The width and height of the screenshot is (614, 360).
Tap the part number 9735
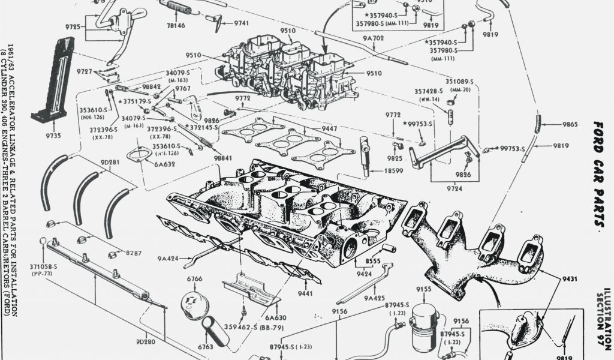tap(53, 136)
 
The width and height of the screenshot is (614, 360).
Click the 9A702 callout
tap(374, 38)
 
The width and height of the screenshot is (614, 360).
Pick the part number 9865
tap(570, 124)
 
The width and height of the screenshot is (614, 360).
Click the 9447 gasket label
tap(330, 128)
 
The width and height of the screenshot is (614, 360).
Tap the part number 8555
tap(373, 262)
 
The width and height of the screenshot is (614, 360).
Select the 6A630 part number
tap(275, 317)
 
